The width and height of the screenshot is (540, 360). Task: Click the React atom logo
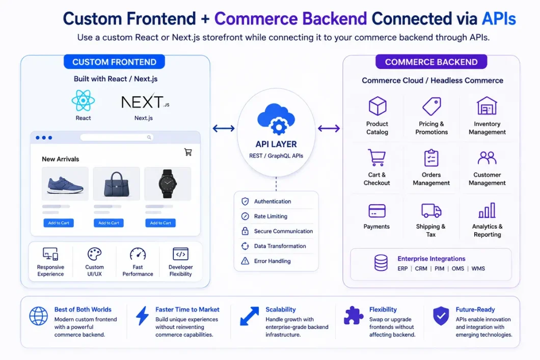coord(83,100)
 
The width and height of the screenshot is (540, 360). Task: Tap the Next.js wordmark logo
coord(145,102)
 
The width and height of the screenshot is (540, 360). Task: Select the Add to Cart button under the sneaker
coord(59,223)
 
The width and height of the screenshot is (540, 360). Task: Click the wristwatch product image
coord(168,183)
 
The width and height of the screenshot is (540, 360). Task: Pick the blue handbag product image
coord(116,184)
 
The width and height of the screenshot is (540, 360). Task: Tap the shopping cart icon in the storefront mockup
coord(188,152)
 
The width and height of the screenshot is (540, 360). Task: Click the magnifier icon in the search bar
coord(149,137)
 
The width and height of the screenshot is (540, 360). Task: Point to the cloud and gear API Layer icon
coord(276,119)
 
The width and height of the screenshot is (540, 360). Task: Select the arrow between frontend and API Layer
coord(224,128)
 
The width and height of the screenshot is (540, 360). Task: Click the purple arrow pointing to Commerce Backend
coord(329,128)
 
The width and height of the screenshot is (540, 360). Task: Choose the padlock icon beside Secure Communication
coord(245,231)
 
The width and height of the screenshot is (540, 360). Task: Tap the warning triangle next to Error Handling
coord(245,261)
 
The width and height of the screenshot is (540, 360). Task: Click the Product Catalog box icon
coord(377,106)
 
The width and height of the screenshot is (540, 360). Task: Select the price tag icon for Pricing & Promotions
coord(431,106)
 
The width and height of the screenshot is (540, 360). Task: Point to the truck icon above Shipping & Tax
coord(431,211)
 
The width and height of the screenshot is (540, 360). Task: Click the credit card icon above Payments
coord(377,211)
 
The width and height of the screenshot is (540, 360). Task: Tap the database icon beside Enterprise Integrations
coord(381,263)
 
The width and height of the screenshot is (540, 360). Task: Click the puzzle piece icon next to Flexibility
coord(353,315)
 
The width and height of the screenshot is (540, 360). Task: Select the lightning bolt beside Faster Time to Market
coord(142,316)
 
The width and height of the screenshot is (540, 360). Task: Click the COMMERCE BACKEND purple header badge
coord(431,62)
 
